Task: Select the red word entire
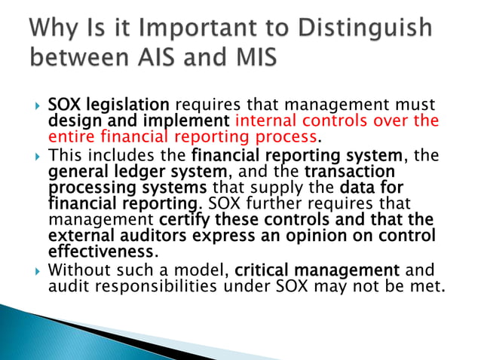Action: tap(69, 137)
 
